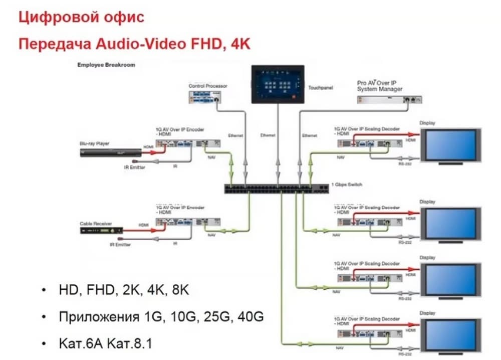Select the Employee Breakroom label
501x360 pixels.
tap(106, 65)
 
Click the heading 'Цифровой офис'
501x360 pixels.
tap(81, 18)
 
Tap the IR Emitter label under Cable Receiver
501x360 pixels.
tap(120, 245)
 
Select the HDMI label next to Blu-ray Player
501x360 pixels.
tap(148, 147)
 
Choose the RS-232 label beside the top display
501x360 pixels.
tap(405, 163)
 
